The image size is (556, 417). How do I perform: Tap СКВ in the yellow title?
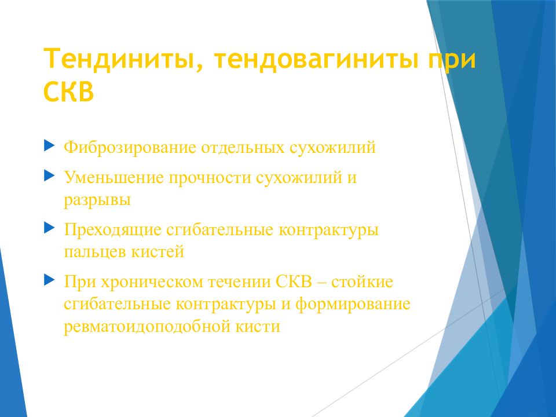coord(68,92)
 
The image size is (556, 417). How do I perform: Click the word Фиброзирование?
coord(130,148)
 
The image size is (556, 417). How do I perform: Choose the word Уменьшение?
coord(114,177)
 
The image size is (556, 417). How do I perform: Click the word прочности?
coord(210,178)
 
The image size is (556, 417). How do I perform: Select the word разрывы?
coord(97,200)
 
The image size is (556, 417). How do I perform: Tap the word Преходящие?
coord(112,230)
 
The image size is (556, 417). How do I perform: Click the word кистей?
coord(158,252)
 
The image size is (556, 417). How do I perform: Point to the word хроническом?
coord(151,282)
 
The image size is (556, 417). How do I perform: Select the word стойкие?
coord(363,282)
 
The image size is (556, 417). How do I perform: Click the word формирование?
coord(353,304)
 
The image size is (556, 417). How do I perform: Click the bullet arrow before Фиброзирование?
coord(49,145)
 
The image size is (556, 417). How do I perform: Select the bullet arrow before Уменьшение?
coord(49,175)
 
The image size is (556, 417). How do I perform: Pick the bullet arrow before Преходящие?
coord(49,228)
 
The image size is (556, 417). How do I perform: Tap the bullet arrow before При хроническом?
coord(49,280)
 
